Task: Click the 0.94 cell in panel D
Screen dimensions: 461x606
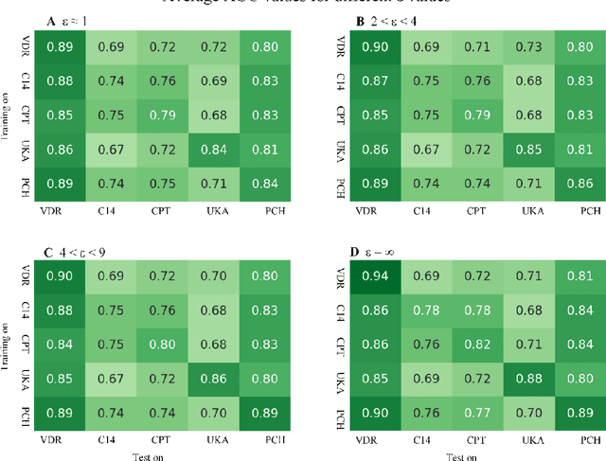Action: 374,275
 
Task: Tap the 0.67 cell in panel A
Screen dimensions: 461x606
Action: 112,150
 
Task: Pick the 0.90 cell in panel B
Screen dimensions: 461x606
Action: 374,45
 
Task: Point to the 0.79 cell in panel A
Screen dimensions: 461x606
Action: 163,115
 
